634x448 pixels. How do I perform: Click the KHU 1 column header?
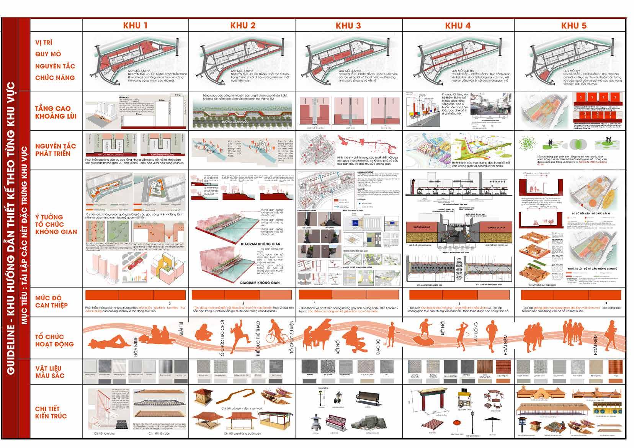(x=135, y=26)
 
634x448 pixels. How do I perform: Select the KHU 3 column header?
(x=348, y=26)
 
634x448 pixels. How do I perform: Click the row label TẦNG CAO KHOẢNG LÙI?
(x=55, y=112)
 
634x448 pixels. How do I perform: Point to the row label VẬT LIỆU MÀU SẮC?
(x=50, y=372)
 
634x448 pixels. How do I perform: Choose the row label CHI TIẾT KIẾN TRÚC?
(x=51, y=412)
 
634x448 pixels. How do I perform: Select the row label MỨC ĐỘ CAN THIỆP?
(x=51, y=301)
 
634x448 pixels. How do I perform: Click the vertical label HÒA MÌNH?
(x=136, y=347)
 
